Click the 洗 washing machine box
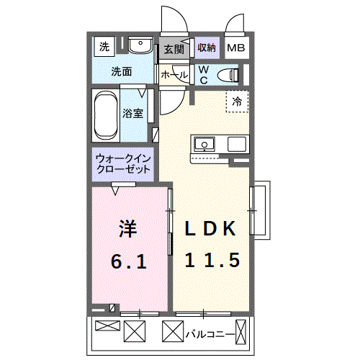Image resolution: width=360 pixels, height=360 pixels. point(105,48)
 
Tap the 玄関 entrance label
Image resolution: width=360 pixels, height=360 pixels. point(173,50)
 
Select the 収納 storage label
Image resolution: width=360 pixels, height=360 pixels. point(207,48)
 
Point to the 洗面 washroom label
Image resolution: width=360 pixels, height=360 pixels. point(121,72)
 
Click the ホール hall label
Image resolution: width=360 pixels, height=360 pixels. point(174,75)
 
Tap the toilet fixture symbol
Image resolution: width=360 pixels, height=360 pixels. point(230,73)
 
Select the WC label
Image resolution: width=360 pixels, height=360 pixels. point(203,74)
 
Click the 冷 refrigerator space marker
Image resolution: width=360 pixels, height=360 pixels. point(236,102)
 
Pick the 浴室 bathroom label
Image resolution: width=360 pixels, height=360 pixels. point(132,113)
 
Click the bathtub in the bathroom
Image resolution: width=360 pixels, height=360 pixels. point(105,115)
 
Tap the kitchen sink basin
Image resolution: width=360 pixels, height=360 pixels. point(204,144)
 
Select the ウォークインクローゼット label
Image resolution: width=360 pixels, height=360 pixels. point(123,163)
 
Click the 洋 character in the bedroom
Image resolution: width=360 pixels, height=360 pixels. point(127,229)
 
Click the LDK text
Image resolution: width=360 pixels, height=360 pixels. point(211,229)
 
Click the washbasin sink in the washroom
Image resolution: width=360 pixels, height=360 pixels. point(141,48)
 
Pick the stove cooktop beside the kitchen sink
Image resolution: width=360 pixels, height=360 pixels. point(237,143)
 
